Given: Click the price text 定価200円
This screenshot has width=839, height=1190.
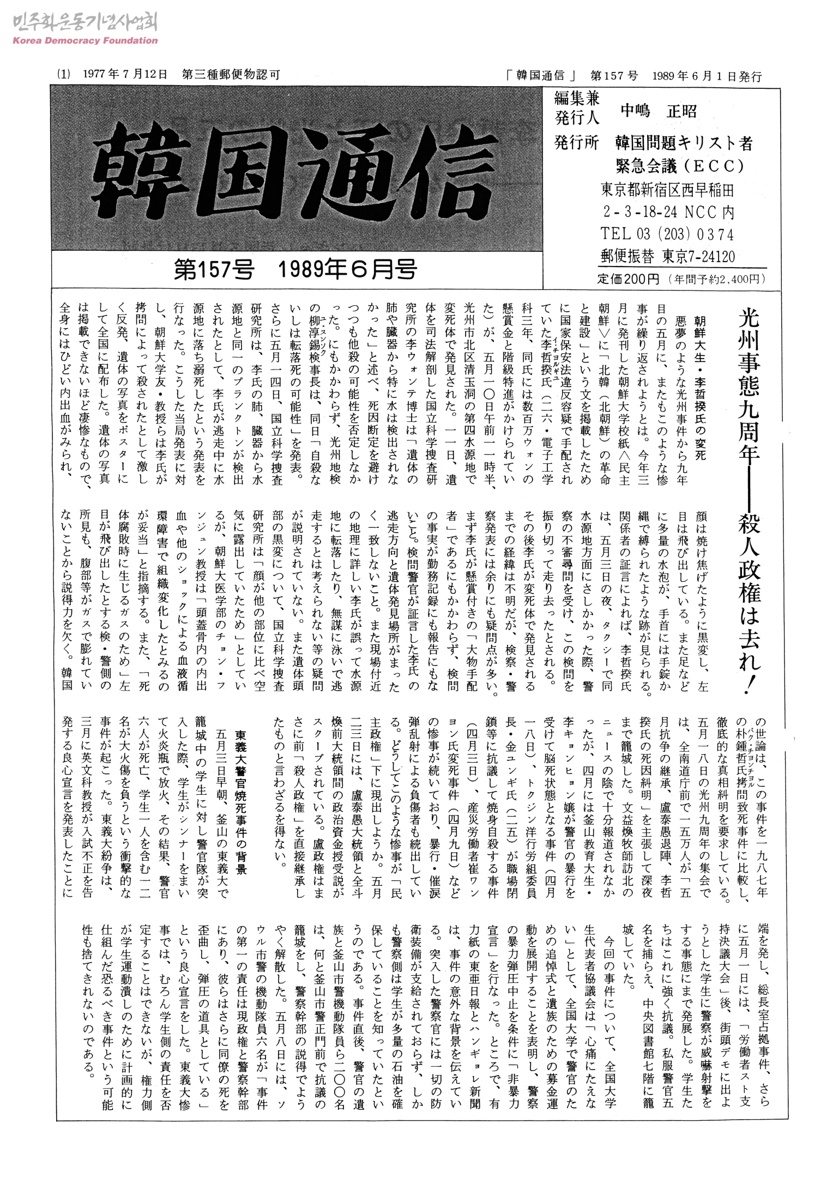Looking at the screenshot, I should pyautogui.click(x=627, y=280).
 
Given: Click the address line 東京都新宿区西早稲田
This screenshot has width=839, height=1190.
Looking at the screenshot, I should pyautogui.click(x=667, y=190).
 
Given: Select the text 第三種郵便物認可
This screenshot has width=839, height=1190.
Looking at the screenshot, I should pyautogui.click(x=231, y=75).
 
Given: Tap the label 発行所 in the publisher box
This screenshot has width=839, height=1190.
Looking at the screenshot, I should pyautogui.click(x=576, y=143).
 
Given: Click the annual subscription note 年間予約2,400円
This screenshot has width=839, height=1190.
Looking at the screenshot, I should pyautogui.click(x=716, y=280).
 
